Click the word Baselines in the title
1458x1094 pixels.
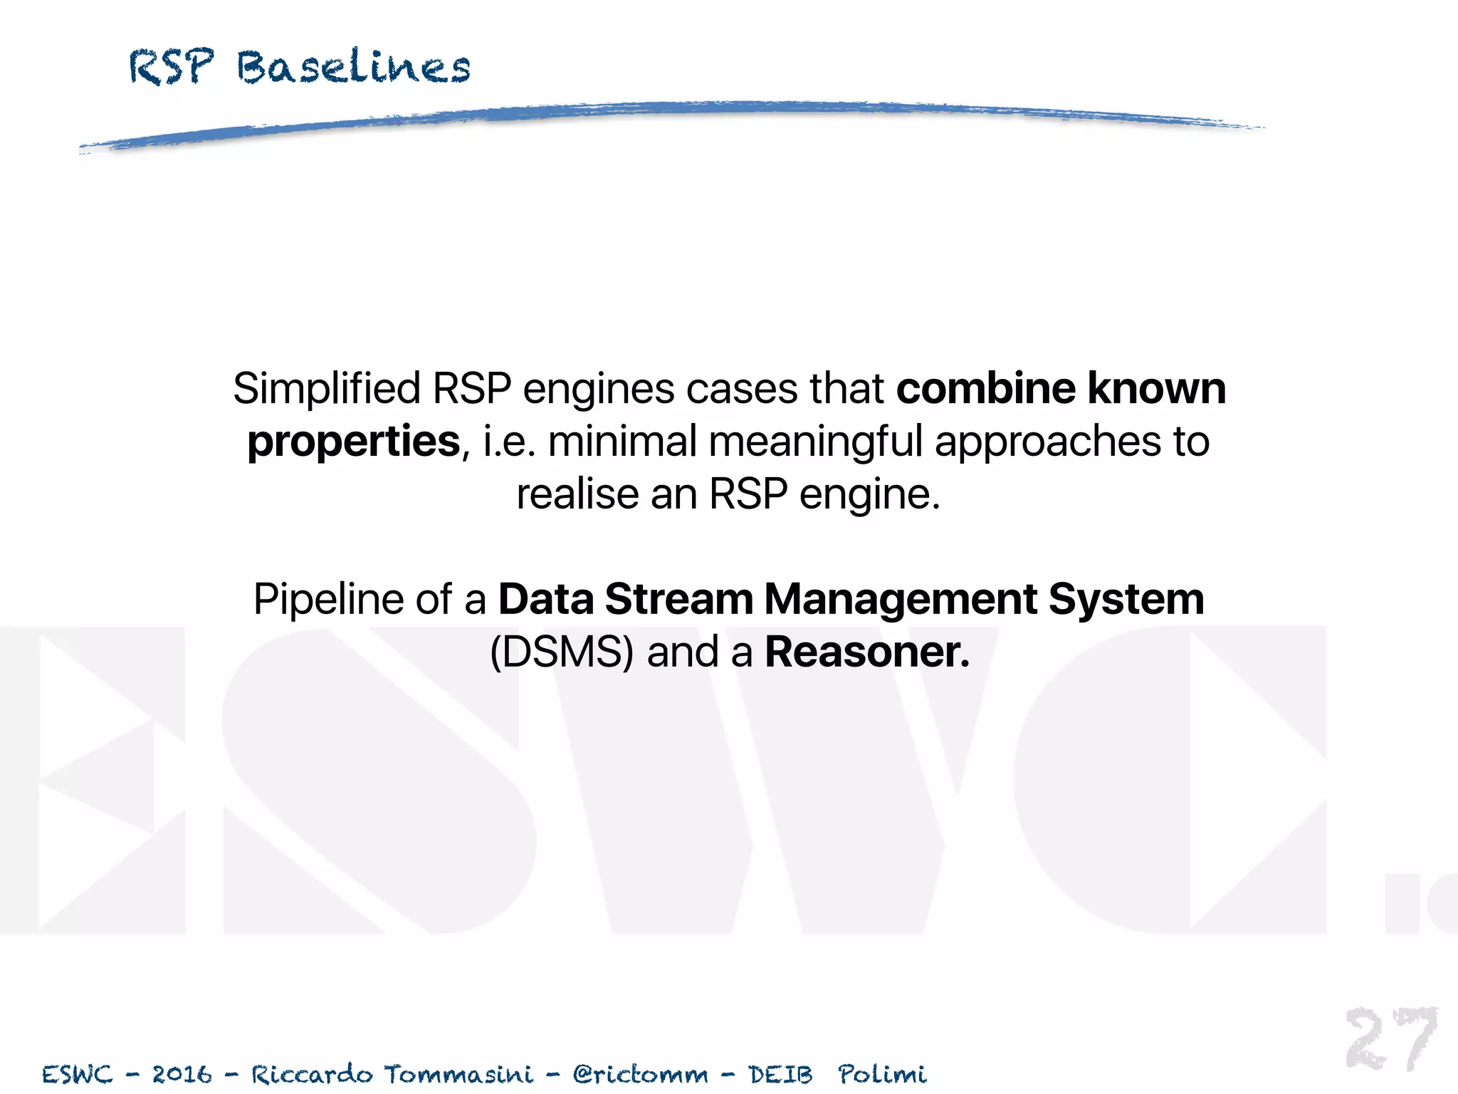354,68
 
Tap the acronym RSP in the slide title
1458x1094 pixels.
171,68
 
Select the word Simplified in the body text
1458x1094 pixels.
327,390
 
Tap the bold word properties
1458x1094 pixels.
354,442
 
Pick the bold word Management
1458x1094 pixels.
900,599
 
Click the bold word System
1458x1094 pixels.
1126,599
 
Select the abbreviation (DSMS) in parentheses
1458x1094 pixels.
562,652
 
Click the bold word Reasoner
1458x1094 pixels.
867,652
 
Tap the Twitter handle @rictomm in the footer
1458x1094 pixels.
641,1074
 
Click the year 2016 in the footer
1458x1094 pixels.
182,1074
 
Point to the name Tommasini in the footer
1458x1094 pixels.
458,1074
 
